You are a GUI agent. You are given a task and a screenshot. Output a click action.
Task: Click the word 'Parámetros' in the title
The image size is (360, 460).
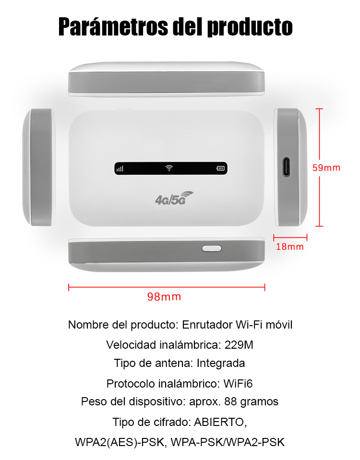(x=114, y=27)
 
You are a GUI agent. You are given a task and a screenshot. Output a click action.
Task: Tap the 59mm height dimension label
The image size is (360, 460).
(x=326, y=168)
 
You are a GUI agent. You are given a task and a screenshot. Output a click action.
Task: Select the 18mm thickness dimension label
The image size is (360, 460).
(x=289, y=247)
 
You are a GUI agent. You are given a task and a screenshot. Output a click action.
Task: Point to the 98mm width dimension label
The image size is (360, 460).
(x=164, y=296)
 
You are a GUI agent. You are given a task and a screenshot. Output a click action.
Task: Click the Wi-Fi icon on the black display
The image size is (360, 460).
(x=169, y=168)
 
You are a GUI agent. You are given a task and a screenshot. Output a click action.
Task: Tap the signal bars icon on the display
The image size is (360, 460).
(x=120, y=169)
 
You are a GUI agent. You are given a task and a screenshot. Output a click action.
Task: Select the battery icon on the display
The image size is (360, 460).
(x=220, y=168)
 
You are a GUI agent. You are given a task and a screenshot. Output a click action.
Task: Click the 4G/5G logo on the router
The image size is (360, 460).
(x=174, y=198)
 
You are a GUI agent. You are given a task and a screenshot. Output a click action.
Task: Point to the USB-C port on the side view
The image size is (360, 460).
(x=286, y=167)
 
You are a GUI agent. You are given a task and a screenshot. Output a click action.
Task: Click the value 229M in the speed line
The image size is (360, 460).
(x=239, y=345)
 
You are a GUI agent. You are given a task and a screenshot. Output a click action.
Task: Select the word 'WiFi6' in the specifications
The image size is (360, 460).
(x=238, y=384)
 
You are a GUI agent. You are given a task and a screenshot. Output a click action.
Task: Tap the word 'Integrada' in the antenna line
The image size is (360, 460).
(x=220, y=364)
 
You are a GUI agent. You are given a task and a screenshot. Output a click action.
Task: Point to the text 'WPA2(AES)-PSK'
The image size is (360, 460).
(x=120, y=442)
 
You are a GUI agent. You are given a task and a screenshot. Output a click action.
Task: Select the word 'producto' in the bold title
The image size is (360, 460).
(x=250, y=27)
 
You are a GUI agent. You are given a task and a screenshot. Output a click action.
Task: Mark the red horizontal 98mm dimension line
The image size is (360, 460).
(x=167, y=287)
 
